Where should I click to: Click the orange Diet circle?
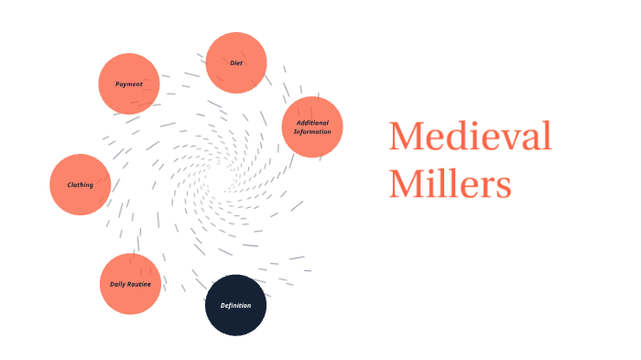(236, 63)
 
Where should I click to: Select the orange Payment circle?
(129, 83)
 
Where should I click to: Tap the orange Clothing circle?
(81, 185)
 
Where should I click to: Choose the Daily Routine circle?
(130, 284)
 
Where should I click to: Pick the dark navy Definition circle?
(235, 305)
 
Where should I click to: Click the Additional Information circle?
(312, 127)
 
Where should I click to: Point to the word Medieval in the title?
(470, 136)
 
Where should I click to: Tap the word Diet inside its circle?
(236, 63)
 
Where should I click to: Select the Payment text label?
(129, 84)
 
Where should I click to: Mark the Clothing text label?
(81, 185)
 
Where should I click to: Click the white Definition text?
(235, 305)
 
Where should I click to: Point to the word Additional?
(312, 123)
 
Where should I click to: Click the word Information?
(312, 132)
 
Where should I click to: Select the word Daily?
(118, 284)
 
